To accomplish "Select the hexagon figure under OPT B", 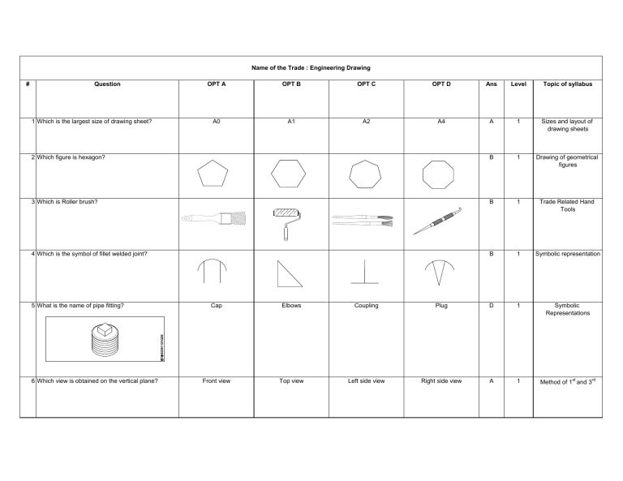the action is (289, 174).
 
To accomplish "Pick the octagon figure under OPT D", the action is (438, 174).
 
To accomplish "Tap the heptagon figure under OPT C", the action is (363, 174).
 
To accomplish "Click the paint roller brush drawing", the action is (286, 221).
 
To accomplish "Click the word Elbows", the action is (290, 306).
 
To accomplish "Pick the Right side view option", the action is (440, 380).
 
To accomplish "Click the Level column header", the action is (518, 84).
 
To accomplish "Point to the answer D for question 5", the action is (491, 306).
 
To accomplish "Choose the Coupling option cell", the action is (364, 306).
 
